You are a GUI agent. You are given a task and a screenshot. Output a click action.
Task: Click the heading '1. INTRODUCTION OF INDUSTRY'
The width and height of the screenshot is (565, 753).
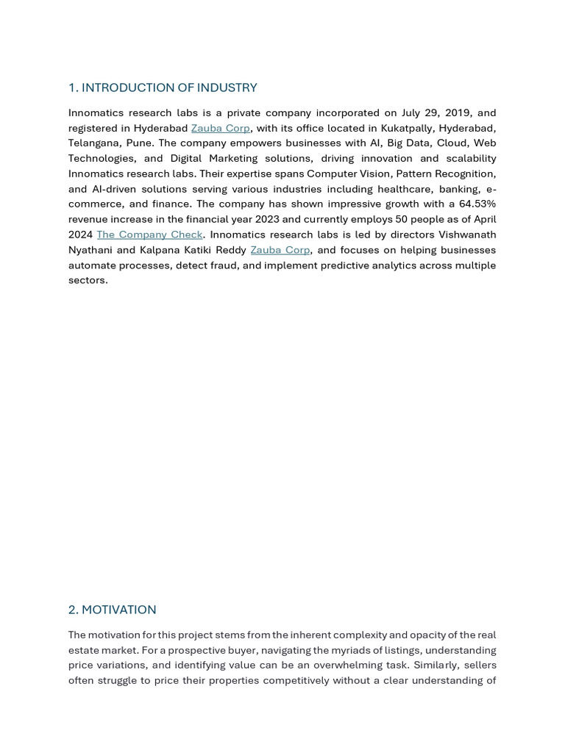163,88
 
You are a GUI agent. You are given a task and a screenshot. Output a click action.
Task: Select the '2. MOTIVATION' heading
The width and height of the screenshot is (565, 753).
112,610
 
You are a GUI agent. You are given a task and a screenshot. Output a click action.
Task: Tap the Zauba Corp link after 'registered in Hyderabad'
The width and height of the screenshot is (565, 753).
220,128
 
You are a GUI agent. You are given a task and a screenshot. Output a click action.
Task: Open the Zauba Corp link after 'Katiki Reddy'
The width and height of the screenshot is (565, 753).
280,250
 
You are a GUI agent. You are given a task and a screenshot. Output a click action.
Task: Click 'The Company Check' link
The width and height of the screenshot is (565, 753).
149,235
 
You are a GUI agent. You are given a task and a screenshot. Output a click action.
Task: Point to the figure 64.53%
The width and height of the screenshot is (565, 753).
477,204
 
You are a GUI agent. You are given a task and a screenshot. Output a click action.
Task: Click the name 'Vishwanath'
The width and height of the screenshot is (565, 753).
467,235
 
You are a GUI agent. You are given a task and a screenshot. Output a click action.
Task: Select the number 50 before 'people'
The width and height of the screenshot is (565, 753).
402,219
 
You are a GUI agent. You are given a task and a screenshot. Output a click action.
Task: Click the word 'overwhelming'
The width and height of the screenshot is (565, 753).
313,665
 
